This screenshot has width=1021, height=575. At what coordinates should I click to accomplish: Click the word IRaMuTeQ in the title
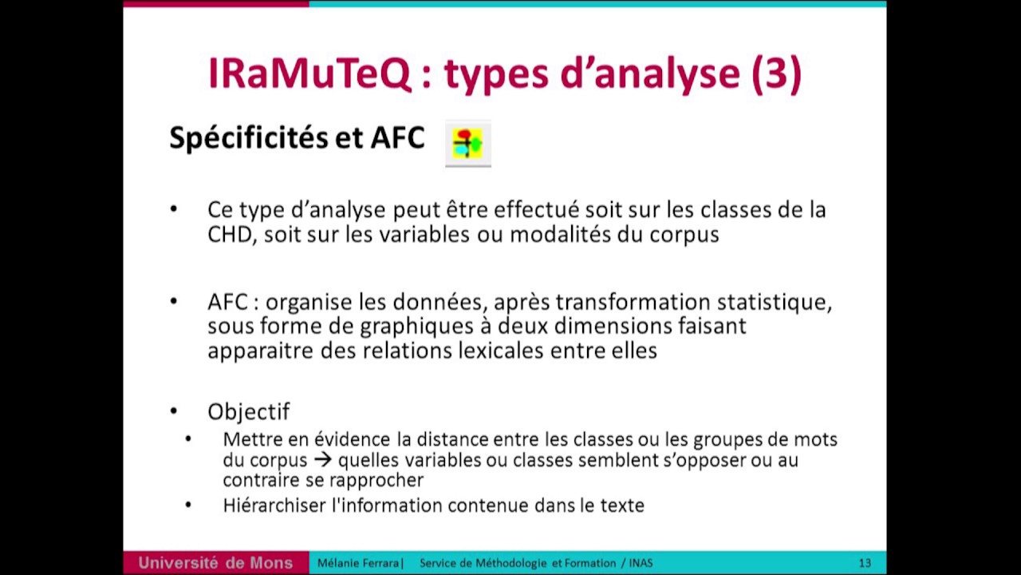[309, 73]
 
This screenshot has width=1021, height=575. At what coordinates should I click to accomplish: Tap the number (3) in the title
[775, 73]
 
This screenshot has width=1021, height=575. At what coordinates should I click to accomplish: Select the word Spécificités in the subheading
[247, 138]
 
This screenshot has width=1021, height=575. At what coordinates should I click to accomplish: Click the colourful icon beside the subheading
[467, 144]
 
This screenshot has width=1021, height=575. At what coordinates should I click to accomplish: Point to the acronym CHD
[230, 235]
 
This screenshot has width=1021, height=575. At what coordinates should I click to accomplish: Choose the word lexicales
[507, 351]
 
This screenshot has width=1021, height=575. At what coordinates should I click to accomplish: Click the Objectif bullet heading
[248, 411]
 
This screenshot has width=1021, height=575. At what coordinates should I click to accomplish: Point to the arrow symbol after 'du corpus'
[322, 461]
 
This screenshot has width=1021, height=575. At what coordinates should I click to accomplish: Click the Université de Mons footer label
[215, 563]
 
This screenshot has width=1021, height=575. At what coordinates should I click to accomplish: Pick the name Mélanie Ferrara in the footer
[358, 563]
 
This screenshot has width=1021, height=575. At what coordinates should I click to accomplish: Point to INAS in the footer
[641, 563]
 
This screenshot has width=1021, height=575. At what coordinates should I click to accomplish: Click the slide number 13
[865, 563]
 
